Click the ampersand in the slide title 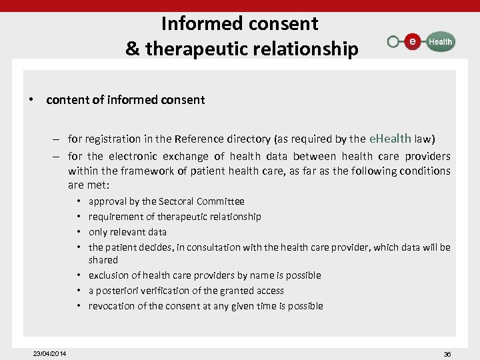coord(132,49)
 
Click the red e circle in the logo coord(413,42)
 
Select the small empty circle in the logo coord(393,42)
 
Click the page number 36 coord(447,353)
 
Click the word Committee coord(221,201)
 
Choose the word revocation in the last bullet coord(112,306)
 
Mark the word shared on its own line coord(103,260)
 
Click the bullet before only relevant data coord(79,232)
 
